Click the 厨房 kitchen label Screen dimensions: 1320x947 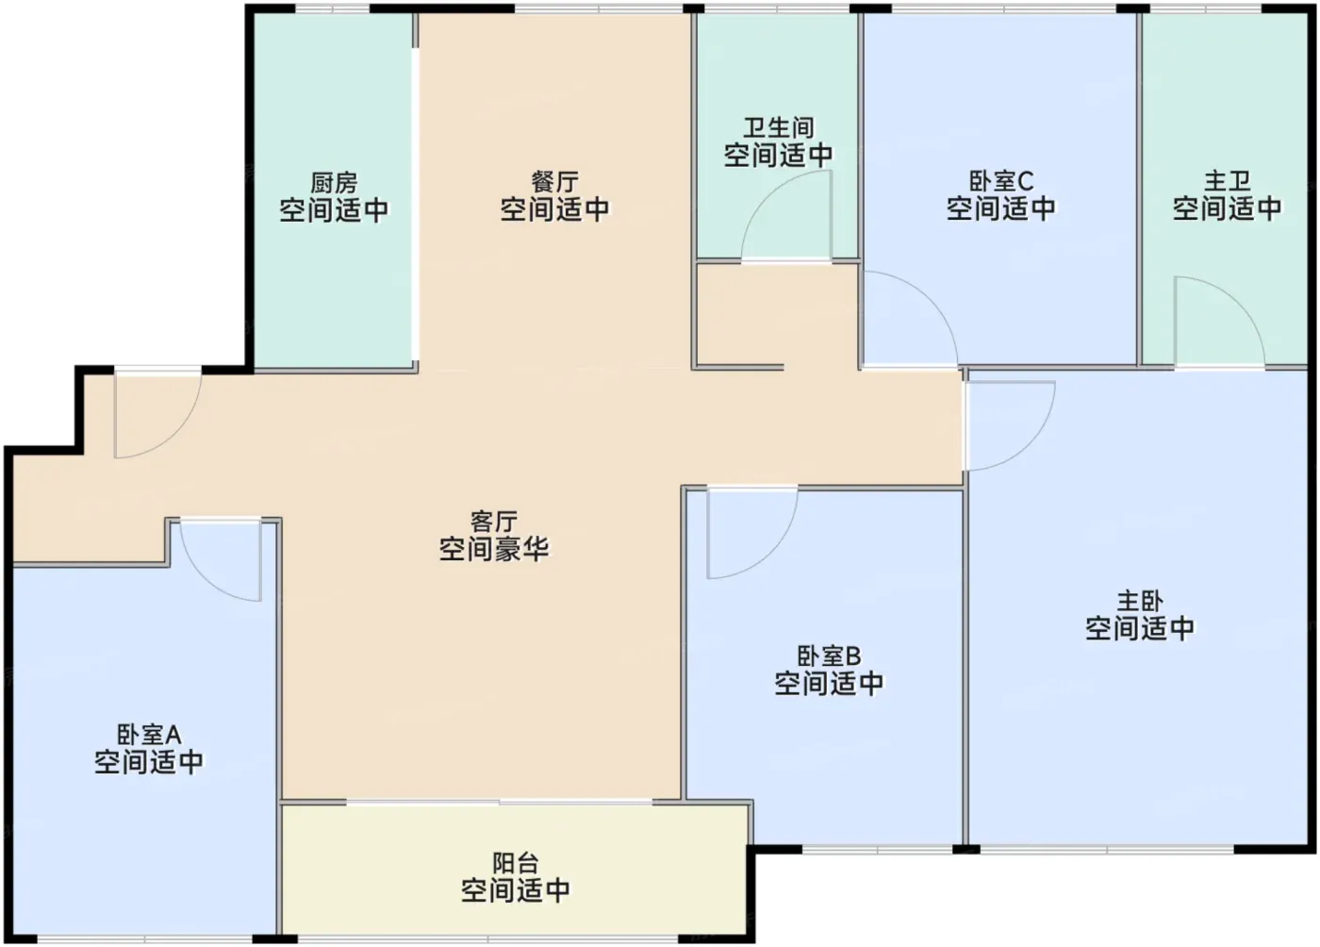pos(334,183)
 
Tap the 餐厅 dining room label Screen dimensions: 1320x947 pos(554,182)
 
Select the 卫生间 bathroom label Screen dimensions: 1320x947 pos(778,128)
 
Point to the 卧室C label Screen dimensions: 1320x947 pos(1001,181)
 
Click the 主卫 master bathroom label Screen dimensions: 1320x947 pos(1227,181)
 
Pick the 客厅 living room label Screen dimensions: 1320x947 pos(494,522)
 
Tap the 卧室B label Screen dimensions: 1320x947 pos(829,656)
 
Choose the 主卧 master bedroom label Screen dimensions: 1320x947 pos(1140,601)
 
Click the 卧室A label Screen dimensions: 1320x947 pos(149,735)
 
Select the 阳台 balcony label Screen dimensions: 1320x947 pos(516,863)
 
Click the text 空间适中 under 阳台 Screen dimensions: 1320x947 pos(516,890)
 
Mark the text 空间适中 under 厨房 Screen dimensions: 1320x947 pos(334,210)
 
